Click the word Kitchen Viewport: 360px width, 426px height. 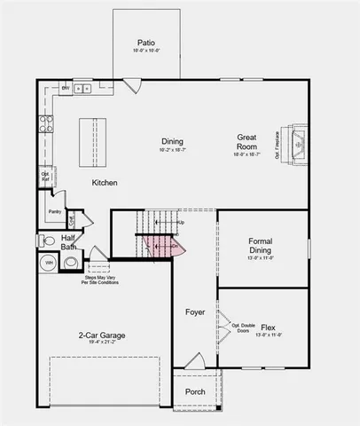click(x=105, y=183)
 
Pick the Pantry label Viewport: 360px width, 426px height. click(x=55, y=211)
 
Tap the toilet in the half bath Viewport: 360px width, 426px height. click(x=49, y=240)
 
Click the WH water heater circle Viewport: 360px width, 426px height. click(x=50, y=264)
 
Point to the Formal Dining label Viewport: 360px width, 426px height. click(x=260, y=245)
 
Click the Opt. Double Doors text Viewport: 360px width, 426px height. click(x=243, y=328)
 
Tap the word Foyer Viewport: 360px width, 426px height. click(x=195, y=312)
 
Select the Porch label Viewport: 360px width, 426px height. click(x=195, y=391)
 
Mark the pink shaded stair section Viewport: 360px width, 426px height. click(x=165, y=245)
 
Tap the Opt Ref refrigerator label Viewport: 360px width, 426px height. click(x=45, y=177)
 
